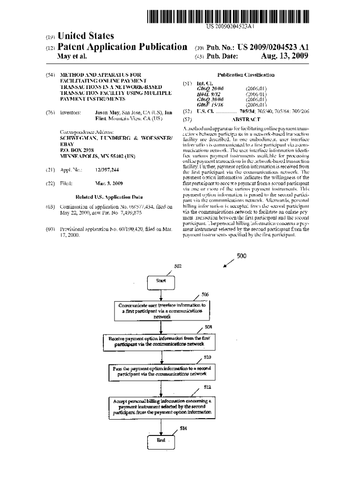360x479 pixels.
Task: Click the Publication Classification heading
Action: (x=246, y=75)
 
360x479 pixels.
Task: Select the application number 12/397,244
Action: (x=107, y=170)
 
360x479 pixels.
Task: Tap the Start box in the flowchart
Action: (x=161, y=281)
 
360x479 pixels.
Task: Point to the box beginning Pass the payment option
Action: (x=162, y=371)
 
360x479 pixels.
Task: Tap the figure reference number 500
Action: (x=241, y=256)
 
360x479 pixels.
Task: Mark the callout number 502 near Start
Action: (x=178, y=266)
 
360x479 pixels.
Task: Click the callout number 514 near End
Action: (x=184, y=429)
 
